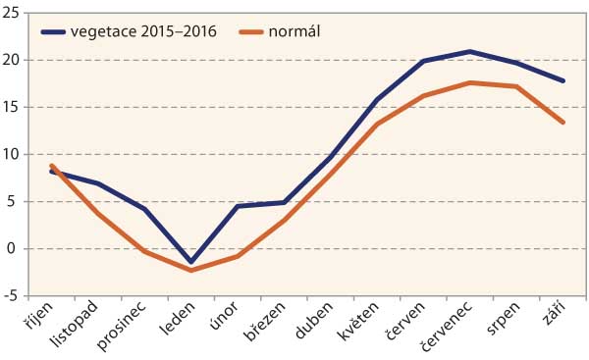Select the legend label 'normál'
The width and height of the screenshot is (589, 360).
coord(299,30)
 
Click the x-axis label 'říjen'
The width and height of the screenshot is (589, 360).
coord(45,316)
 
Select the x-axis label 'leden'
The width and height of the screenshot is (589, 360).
coord(180,318)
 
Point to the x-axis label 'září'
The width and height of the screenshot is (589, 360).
coord(554,315)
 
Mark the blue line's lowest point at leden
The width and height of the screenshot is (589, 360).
coord(191,263)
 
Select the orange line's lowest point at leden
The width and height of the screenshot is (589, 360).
coord(191,270)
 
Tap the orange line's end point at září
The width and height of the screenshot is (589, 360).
coord(563,123)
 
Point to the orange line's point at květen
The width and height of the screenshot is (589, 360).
coord(378,125)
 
